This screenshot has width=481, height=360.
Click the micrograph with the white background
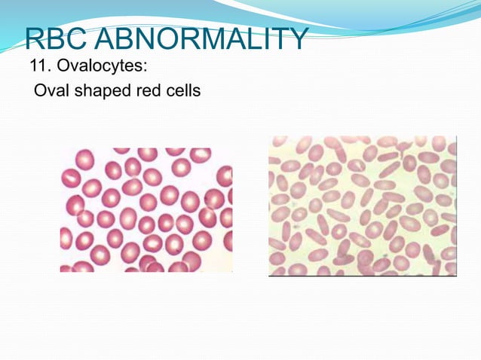point(146,209)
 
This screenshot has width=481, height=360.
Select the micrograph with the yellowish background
point(363,206)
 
